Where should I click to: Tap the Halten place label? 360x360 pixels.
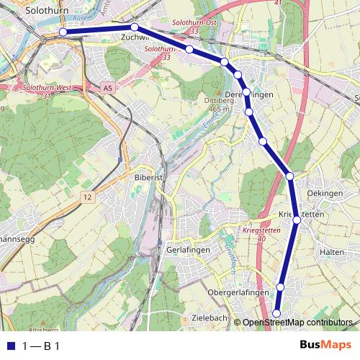(331, 251)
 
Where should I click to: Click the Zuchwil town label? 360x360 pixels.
(135, 37)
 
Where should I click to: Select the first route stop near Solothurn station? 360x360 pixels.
(63, 32)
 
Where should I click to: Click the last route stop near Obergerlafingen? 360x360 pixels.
(277, 312)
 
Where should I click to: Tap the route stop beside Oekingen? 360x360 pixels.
(289, 176)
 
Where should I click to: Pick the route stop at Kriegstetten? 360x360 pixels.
(296, 220)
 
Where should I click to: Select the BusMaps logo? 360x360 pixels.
(325, 346)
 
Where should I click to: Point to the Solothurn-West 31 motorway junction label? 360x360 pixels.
(48, 91)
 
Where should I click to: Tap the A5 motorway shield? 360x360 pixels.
(108, 88)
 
